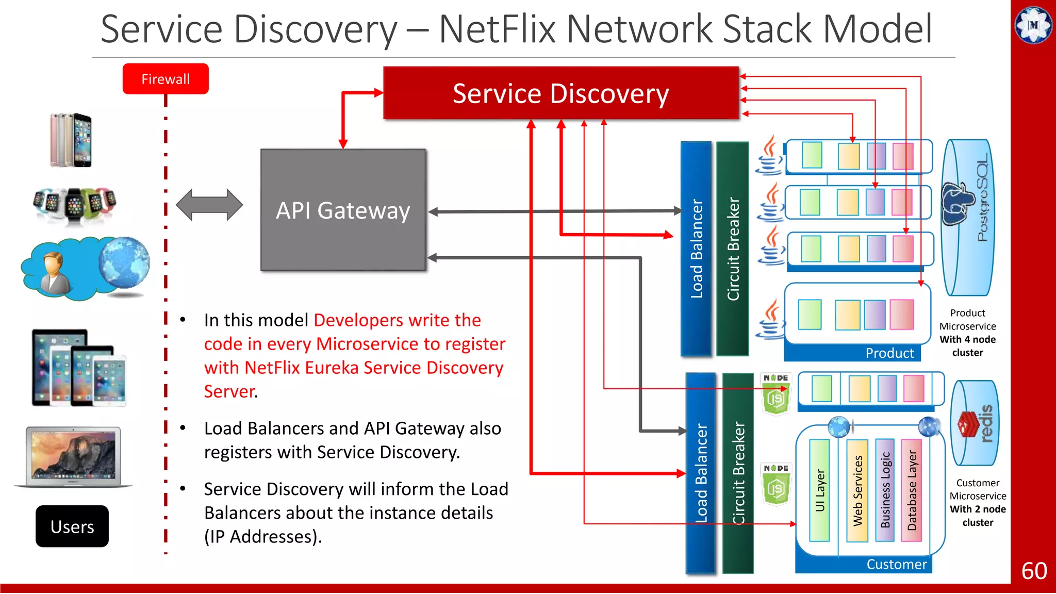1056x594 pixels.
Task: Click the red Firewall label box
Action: [166, 79]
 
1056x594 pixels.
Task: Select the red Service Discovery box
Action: [560, 93]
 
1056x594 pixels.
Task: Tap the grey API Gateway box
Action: [343, 210]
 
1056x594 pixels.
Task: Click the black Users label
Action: [72, 526]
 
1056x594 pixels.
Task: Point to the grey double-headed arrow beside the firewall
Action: [209, 205]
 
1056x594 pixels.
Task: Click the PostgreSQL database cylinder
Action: [968, 217]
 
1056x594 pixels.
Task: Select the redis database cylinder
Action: [975, 423]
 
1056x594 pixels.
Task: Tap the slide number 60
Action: [1034, 571]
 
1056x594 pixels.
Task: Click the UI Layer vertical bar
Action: [819, 490]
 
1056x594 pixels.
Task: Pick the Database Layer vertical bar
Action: [912, 490]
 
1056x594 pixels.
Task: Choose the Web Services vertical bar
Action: [857, 490]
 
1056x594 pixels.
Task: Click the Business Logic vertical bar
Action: [885, 490]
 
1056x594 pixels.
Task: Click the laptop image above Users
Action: [73, 456]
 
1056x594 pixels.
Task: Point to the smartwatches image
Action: [74, 205]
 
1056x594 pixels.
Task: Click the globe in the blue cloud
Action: [124, 263]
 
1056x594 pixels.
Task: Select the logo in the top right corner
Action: [1033, 25]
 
